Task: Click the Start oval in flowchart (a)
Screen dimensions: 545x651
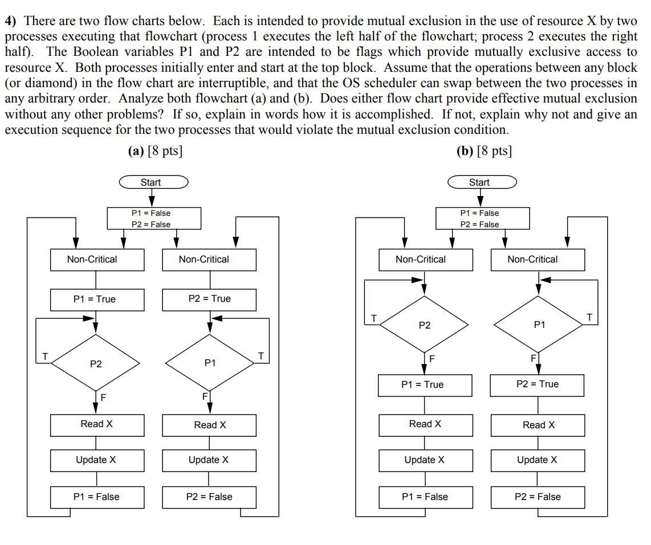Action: [153, 182]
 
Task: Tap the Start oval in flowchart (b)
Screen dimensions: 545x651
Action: [482, 182]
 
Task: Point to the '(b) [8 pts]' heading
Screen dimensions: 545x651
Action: [484, 151]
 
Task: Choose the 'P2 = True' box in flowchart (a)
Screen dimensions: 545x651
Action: [209, 299]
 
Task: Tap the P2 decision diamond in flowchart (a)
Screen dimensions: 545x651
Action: [96, 364]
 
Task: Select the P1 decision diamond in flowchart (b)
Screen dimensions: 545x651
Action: [539, 325]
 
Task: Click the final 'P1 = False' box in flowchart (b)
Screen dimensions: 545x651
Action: [425, 497]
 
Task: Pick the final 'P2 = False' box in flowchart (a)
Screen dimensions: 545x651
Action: [209, 497]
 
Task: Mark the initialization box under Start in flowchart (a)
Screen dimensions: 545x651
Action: [154, 219]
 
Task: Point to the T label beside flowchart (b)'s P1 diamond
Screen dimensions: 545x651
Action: [589, 317]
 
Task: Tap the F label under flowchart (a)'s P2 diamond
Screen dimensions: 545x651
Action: [103, 397]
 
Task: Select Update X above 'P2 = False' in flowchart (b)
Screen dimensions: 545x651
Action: [537, 460]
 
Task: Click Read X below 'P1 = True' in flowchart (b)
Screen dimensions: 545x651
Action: [425, 424]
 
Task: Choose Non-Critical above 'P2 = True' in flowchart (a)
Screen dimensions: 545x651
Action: [209, 260]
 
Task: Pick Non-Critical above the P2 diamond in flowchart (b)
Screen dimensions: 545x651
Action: [425, 260]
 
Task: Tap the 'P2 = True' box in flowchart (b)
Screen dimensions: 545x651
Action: [537, 384]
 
